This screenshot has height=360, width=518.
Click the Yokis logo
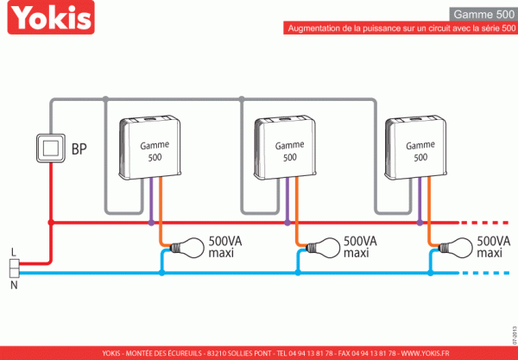tap(51, 17)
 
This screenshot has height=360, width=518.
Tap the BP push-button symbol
tap(51, 148)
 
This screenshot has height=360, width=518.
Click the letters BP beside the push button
tap(79, 149)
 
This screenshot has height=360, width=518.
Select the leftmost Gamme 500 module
tap(150, 148)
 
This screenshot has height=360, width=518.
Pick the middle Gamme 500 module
tap(285, 148)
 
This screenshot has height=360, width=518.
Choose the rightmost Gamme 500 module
tap(415, 148)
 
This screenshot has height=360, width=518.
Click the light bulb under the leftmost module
tap(187, 248)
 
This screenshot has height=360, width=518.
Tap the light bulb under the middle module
tap(323, 248)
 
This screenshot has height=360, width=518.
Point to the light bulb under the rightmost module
tap(456, 248)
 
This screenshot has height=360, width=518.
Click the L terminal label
tap(13, 252)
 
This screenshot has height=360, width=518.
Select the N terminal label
tap(14, 285)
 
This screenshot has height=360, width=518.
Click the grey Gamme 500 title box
tap(483, 14)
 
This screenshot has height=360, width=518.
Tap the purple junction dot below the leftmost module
tap(151, 223)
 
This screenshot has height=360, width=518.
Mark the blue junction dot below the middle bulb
tap(298, 273)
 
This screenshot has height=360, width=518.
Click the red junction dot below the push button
tap(51, 223)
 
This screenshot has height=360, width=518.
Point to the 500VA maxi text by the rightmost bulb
tap(493, 247)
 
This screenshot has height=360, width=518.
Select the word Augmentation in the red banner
tap(314, 28)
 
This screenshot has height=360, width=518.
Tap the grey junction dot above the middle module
tap(242, 98)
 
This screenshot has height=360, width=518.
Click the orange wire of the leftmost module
tap(161, 212)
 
